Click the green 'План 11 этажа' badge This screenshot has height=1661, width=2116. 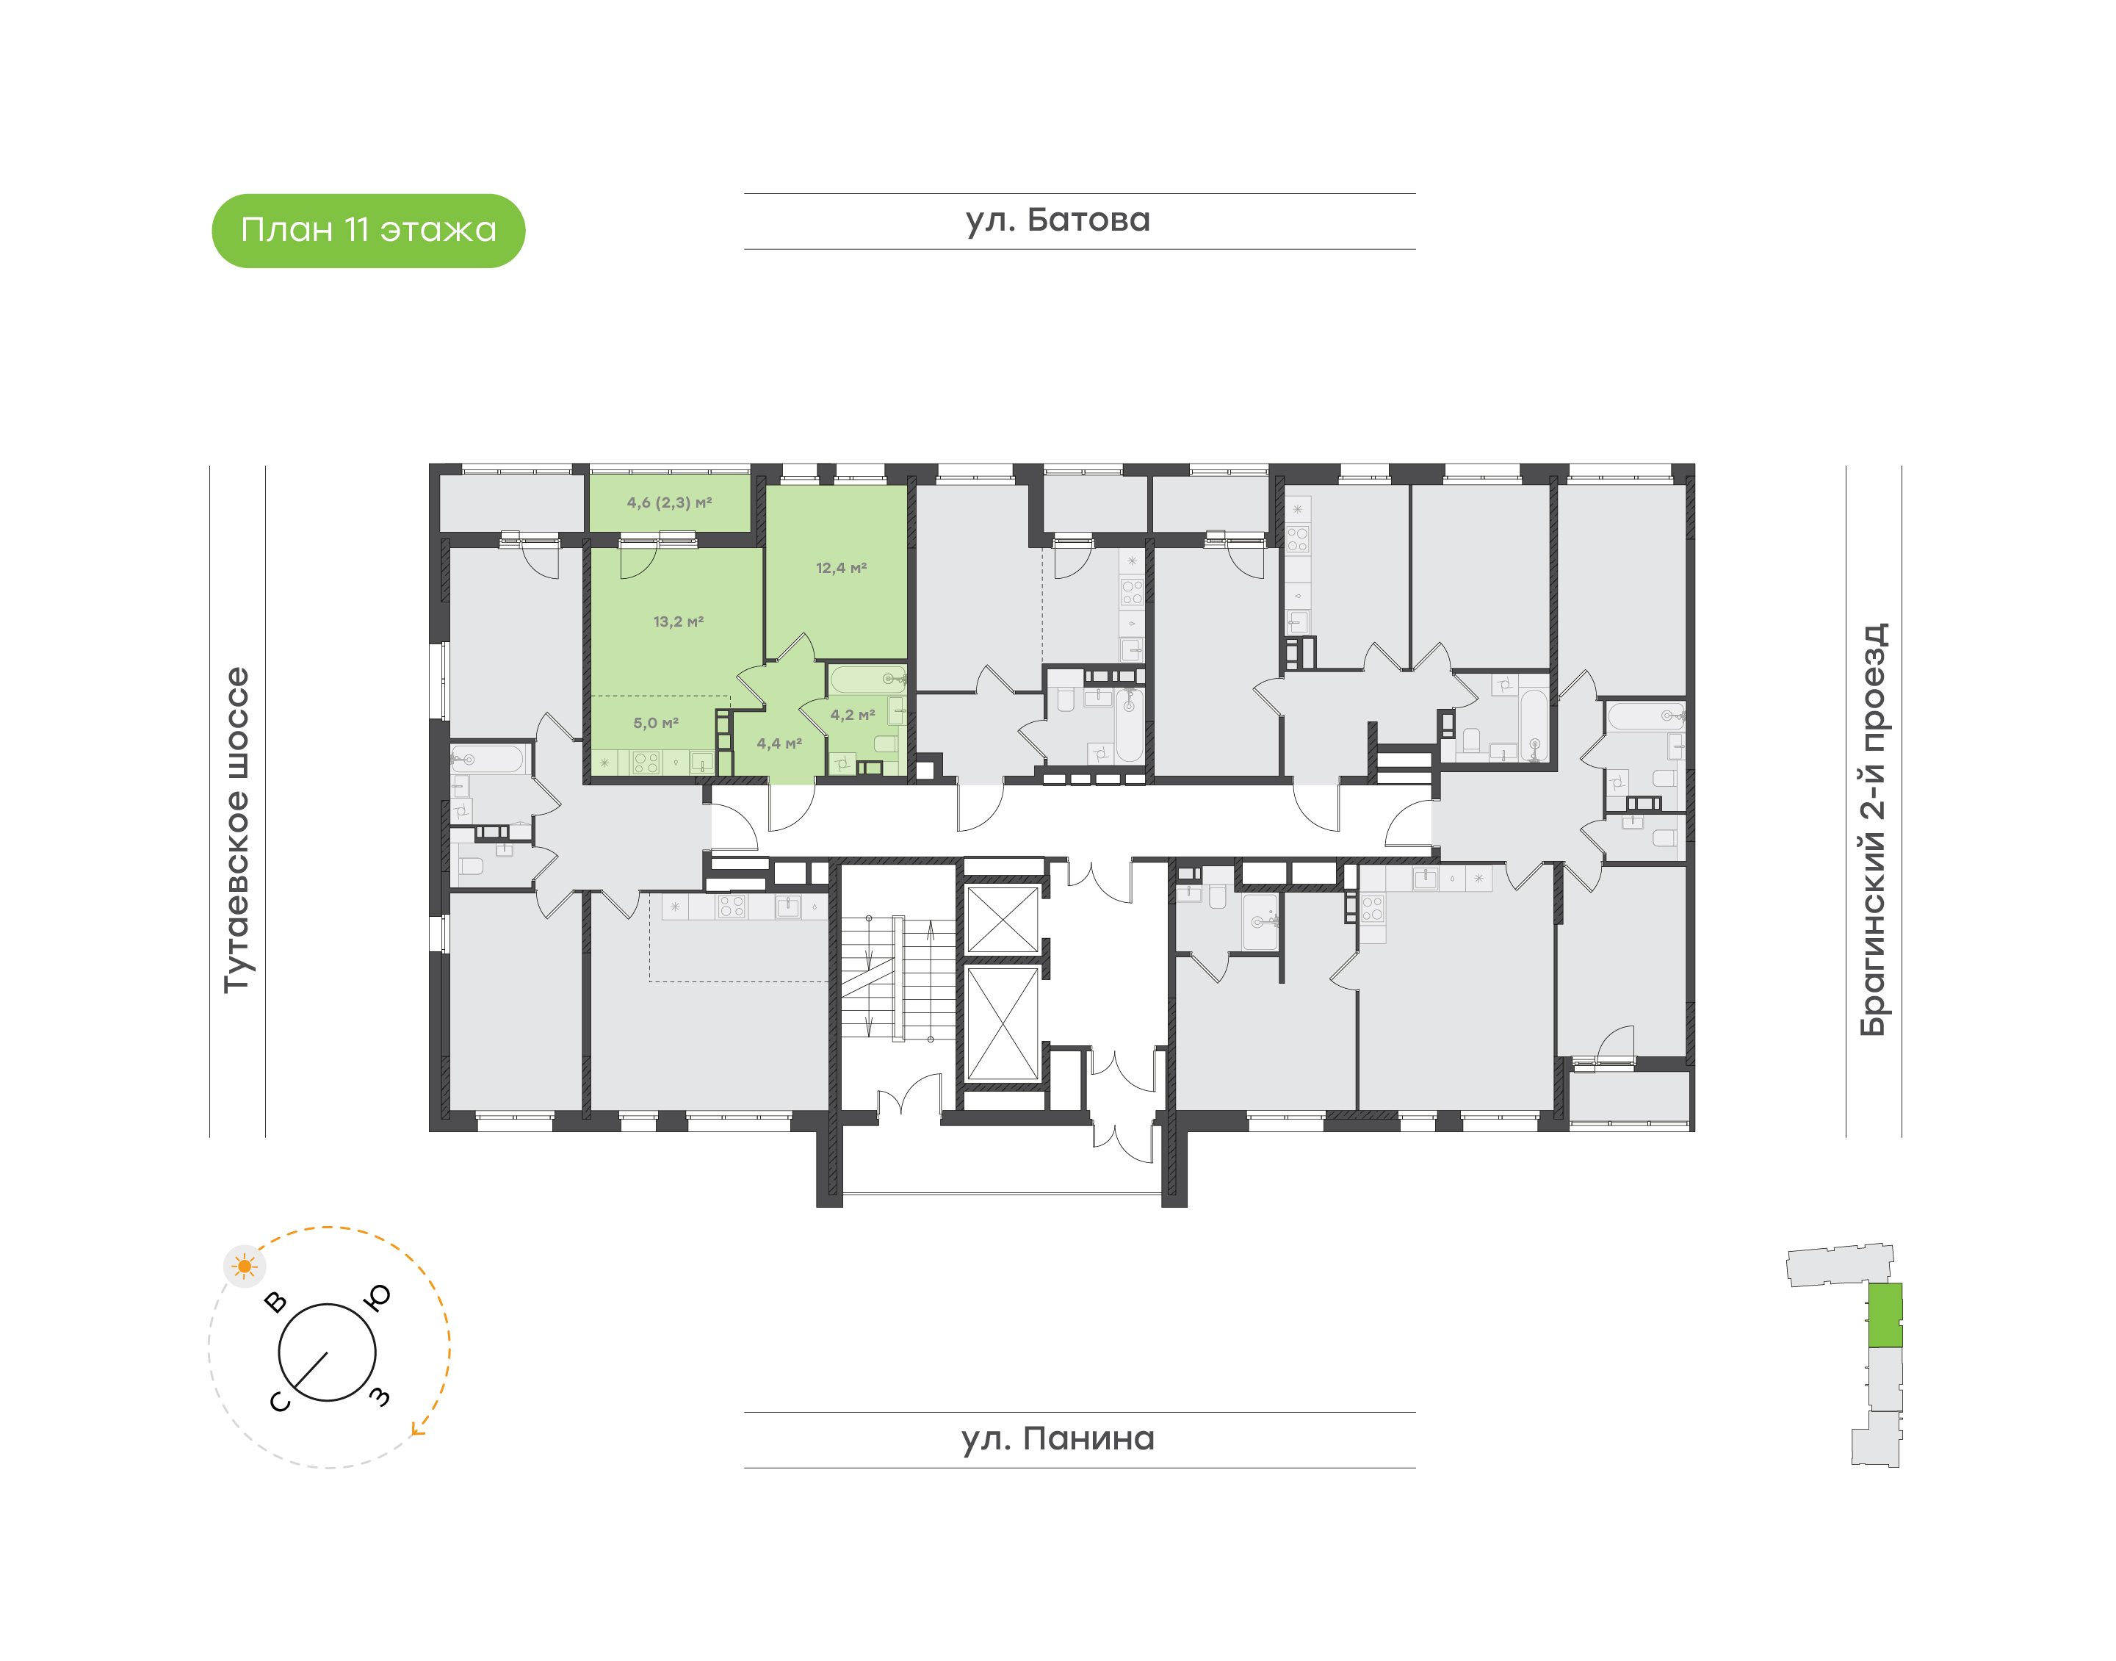coord(369,231)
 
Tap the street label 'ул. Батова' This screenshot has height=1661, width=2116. coord(1058,220)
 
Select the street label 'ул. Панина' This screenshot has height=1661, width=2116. coord(1058,1438)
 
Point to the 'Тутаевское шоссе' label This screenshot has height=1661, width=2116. coord(237,829)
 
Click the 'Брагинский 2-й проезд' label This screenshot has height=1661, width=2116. coord(1873,829)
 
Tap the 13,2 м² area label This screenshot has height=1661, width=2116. coord(679,621)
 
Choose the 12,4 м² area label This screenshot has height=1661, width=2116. coord(841,568)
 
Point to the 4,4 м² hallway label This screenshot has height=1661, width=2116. coord(780,744)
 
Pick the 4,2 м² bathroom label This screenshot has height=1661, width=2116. coord(853,715)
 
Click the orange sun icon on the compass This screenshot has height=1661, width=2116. coord(244,1267)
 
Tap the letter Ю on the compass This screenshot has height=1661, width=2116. coord(378,1297)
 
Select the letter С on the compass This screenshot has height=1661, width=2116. coord(279,1402)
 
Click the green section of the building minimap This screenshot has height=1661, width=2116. coord(1885,1315)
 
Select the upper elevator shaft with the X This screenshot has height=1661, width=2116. coord(1003,919)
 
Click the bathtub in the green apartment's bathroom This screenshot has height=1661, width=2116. coord(867,679)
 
